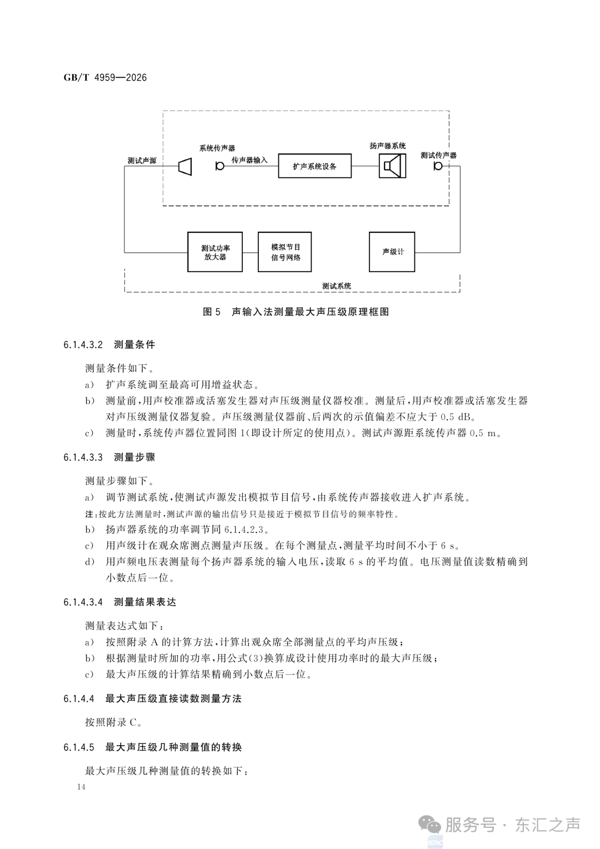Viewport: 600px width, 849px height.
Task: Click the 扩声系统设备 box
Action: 314,166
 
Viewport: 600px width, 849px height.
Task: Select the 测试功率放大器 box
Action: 215,252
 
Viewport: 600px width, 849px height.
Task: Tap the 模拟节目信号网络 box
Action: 284,252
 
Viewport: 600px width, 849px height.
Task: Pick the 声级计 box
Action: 392,252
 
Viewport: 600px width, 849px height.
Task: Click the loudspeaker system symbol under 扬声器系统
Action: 392,166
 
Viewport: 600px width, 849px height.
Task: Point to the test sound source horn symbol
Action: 185,166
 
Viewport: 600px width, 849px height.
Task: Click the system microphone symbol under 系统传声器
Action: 219,166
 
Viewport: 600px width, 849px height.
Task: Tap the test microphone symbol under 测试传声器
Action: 438,166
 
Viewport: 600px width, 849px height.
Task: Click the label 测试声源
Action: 142,161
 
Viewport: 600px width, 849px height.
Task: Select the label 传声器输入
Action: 249,160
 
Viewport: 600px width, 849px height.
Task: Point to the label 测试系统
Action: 337,286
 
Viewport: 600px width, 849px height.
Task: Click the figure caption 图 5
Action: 212,312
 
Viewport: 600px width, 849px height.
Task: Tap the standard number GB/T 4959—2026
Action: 105,78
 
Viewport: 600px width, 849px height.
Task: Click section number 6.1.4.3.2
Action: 83,344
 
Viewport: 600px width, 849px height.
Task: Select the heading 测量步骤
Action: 134,457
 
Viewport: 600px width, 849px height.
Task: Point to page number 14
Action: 81,786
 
